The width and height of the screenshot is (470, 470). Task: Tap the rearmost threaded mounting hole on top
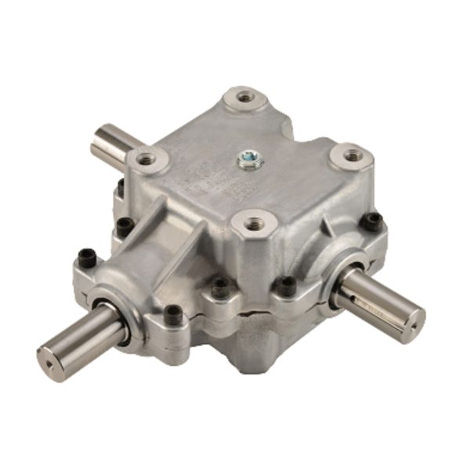[245, 97]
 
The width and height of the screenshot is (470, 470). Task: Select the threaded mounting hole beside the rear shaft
[146, 159]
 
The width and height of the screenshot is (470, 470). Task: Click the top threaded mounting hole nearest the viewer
[252, 223]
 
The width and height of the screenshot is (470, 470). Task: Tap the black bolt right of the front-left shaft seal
[173, 315]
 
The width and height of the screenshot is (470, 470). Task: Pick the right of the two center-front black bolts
[287, 286]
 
